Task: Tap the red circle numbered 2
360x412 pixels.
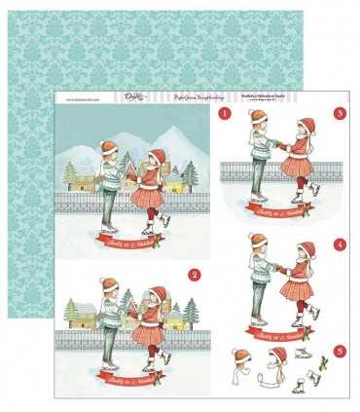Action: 194,276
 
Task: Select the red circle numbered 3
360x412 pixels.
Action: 340,114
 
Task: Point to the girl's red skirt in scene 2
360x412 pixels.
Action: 151,333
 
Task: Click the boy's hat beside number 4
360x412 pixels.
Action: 257,252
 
